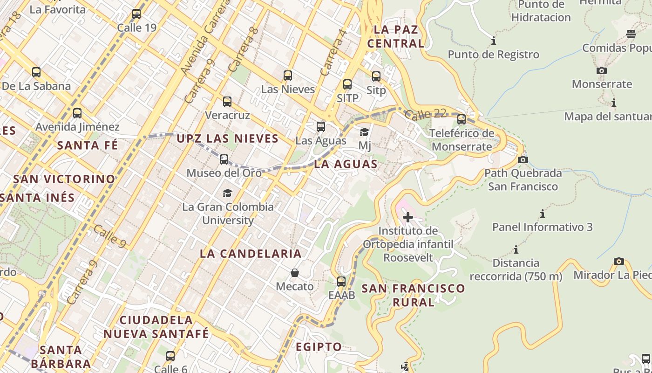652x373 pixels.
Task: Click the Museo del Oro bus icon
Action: (224, 159)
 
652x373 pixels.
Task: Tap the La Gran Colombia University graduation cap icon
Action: (227, 193)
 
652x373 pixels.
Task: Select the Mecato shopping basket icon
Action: (295, 273)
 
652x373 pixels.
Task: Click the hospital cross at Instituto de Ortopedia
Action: (408, 217)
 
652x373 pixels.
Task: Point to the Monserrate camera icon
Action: (602, 71)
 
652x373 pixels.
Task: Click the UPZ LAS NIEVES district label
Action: (227, 138)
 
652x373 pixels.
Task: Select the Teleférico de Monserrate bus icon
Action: (462, 119)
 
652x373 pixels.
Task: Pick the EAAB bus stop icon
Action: (341, 282)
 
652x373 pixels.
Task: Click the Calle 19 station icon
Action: (136, 14)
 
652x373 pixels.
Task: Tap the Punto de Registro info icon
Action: (494, 41)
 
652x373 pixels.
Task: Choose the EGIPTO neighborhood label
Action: (319, 347)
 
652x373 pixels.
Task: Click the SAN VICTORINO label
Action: (64, 179)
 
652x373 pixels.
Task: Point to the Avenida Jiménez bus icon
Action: (77, 113)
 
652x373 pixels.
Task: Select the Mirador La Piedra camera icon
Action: (619, 261)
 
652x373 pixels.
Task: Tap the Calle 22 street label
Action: (425, 114)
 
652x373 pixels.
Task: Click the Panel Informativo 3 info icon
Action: (543, 214)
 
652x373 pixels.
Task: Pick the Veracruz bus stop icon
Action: (227, 102)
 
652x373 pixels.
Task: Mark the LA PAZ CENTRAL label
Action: (396, 36)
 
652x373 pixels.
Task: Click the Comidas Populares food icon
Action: (631, 34)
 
